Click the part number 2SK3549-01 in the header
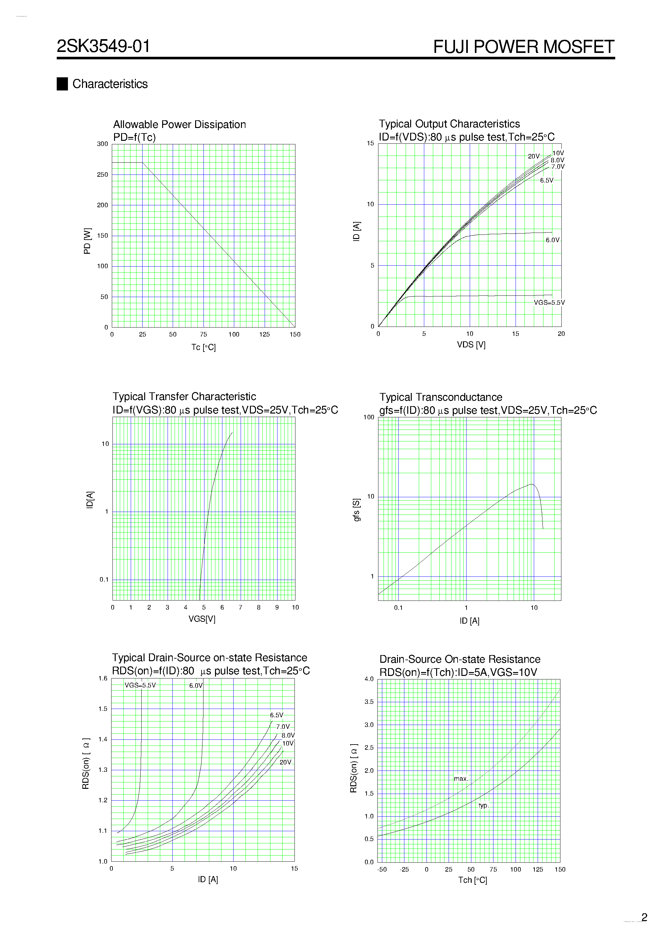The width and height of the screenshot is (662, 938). pyautogui.click(x=103, y=46)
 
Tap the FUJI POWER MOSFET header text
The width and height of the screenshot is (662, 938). pyautogui.click(x=523, y=47)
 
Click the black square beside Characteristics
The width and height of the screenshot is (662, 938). pyautogui.click(x=62, y=84)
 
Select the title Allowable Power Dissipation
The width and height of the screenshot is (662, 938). pyautogui.click(x=179, y=124)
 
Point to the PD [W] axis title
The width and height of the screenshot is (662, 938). pyautogui.click(x=87, y=241)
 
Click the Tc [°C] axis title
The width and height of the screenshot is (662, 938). pyautogui.click(x=203, y=347)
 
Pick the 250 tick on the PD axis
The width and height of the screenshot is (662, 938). pyautogui.click(x=103, y=175)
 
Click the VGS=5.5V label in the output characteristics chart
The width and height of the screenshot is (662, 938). pyautogui.click(x=549, y=303)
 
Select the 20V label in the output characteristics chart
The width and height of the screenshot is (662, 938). pyautogui.click(x=534, y=157)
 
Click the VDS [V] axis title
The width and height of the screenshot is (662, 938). pyautogui.click(x=471, y=345)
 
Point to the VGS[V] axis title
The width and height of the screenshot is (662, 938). pyautogui.click(x=202, y=618)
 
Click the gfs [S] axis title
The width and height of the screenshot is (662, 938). pyautogui.click(x=356, y=510)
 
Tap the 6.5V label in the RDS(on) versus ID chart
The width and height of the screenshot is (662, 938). pyautogui.click(x=276, y=715)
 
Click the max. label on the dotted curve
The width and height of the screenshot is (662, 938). pyautogui.click(x=461, y=779)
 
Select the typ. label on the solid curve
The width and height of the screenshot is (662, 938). pyautogui.click(x=483, y=805)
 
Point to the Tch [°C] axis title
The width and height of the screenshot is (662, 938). pyautogui.click(x=472, y=880)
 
